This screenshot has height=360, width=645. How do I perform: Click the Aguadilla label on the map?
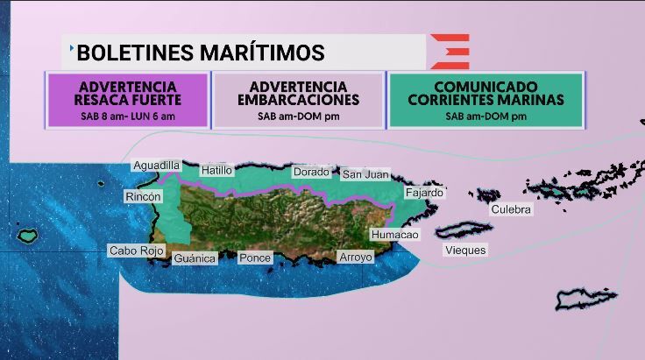[157, 165]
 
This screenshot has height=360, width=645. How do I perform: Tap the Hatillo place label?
[216, 170]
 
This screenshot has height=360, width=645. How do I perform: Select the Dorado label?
[311, 173]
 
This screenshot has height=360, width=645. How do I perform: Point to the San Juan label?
[365, 174]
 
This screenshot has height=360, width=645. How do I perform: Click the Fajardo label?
[425, 192]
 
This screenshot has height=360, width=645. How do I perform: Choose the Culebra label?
[511, 208]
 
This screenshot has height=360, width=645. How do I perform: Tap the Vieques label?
[465, 250]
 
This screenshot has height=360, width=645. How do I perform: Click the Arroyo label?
[356, 257]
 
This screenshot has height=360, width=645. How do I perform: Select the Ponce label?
[255, 258]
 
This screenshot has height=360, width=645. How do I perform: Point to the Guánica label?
[195, 258]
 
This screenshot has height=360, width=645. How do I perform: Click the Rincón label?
[143, 197]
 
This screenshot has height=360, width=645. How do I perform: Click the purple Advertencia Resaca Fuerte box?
[128, 100]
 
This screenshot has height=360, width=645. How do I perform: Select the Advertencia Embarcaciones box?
[299, 100]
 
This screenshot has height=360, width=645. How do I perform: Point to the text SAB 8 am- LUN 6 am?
[128, 116]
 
